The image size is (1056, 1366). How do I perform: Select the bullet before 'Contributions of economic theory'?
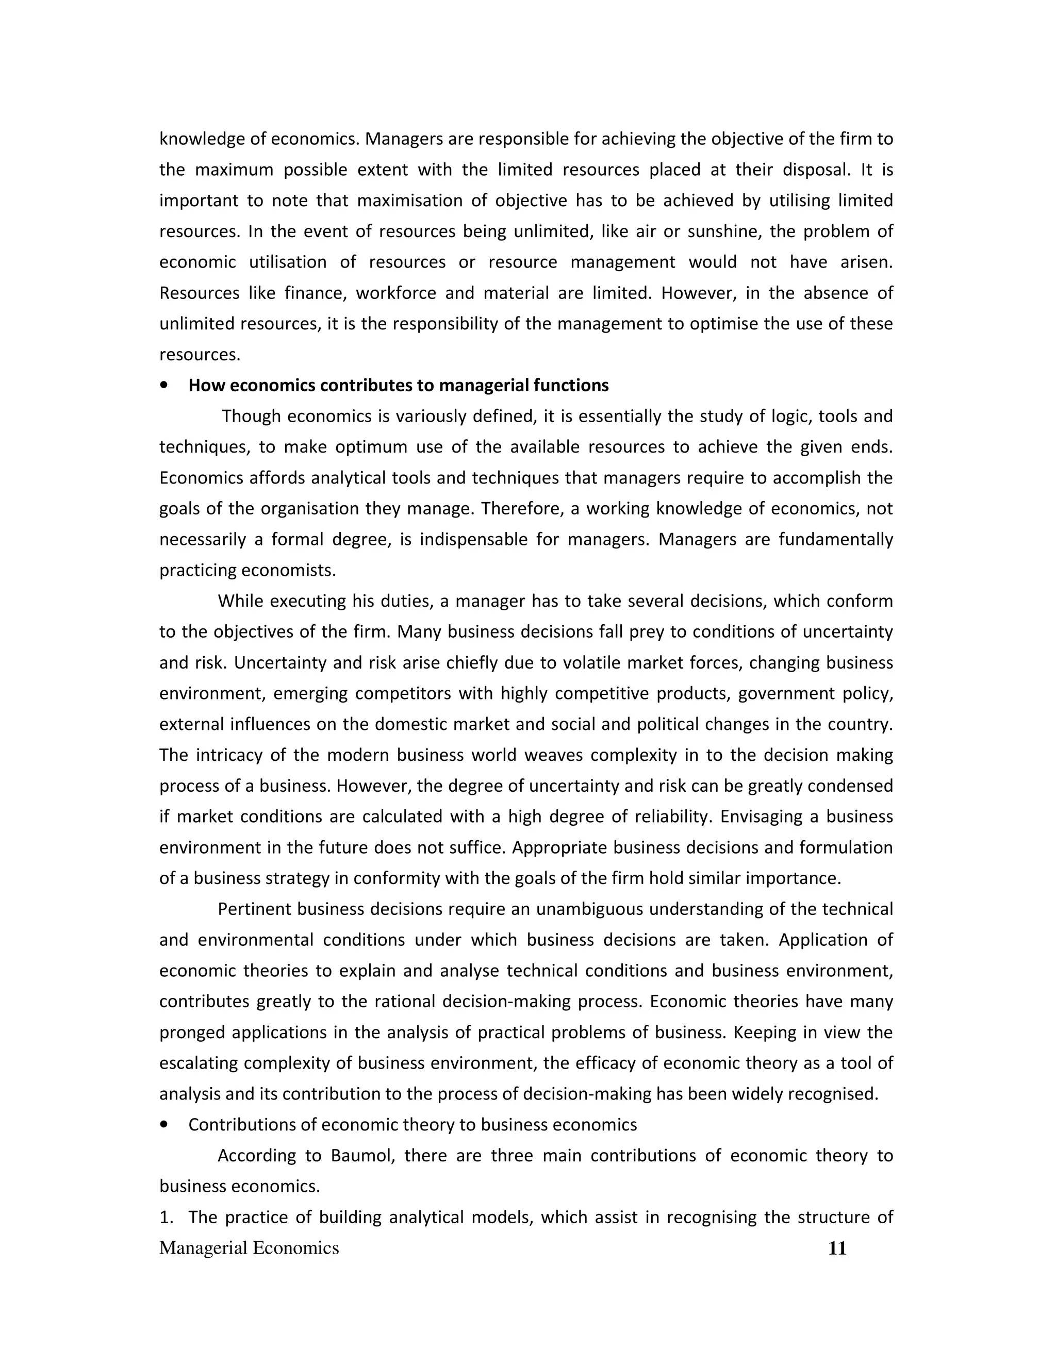[164, 1125]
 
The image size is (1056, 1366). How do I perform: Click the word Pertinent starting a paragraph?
[255, 909]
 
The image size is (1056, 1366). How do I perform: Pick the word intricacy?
[227, 756]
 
